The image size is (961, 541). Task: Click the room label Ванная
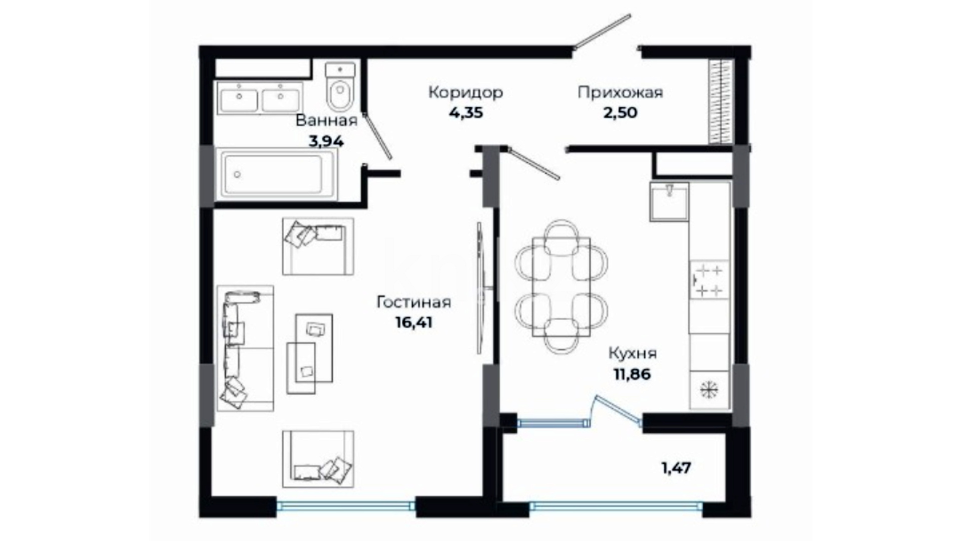(326, 121)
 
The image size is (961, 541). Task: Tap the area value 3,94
(326, 142)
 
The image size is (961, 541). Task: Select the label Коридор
(465, 92)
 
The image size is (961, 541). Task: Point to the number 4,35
(465, 113)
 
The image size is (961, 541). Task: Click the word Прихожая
(620, 92)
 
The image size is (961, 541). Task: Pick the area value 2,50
(620, 113)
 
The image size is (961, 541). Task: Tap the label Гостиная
(414, 302)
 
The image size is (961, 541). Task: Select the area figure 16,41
(414, 323)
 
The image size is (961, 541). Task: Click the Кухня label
(633, 353)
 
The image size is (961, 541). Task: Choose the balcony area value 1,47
(676, 468)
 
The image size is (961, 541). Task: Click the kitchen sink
(669, 202)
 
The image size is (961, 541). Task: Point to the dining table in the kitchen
(561, 287)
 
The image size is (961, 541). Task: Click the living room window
(346, 506)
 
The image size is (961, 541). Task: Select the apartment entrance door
(602, 32)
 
